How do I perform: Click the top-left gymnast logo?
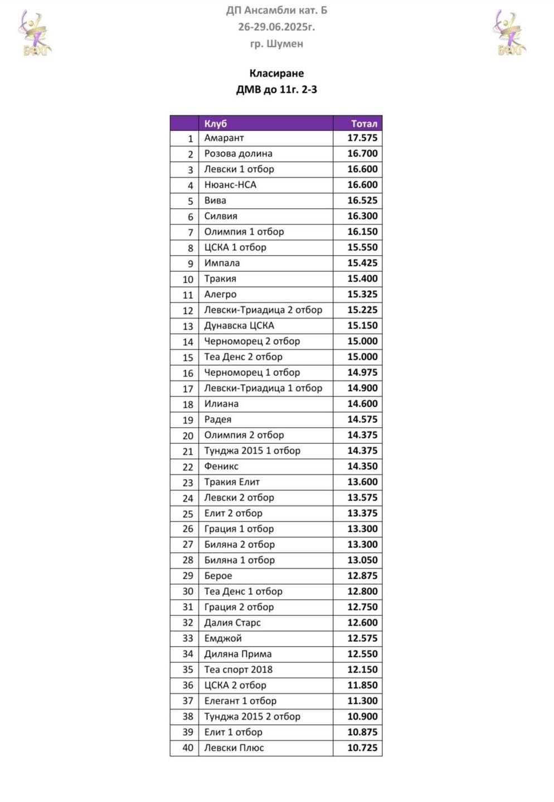click(x=35, y=33)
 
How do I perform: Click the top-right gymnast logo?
click(x=510, y=33)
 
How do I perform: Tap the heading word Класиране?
click(x=276, y=74)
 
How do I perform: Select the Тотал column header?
click(x=364, y=124)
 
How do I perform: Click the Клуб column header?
click(x=216, y=124)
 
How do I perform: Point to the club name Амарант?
click(x=224, y=138)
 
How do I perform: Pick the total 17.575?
click(x=362, y=138)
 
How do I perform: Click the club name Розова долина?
click(x=238, y=154)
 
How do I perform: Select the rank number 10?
click(x=188, y=279)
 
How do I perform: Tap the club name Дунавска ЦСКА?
click(x=239, y=326)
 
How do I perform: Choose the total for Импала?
click(x=362, y=263)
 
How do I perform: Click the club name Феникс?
click(x=221, y=467)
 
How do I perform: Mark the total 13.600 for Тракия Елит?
click(x=362, y=482)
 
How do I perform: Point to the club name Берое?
click(x=218, y=576)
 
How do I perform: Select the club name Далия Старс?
click(x=232, y=623)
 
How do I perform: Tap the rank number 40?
click(x=188, y=748)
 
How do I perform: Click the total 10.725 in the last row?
click(x=362, y=748)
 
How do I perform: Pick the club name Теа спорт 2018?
click(x=238, y=670)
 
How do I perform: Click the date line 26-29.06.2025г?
click(x=276, y=27)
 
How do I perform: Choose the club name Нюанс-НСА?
click(x=230, y=185)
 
